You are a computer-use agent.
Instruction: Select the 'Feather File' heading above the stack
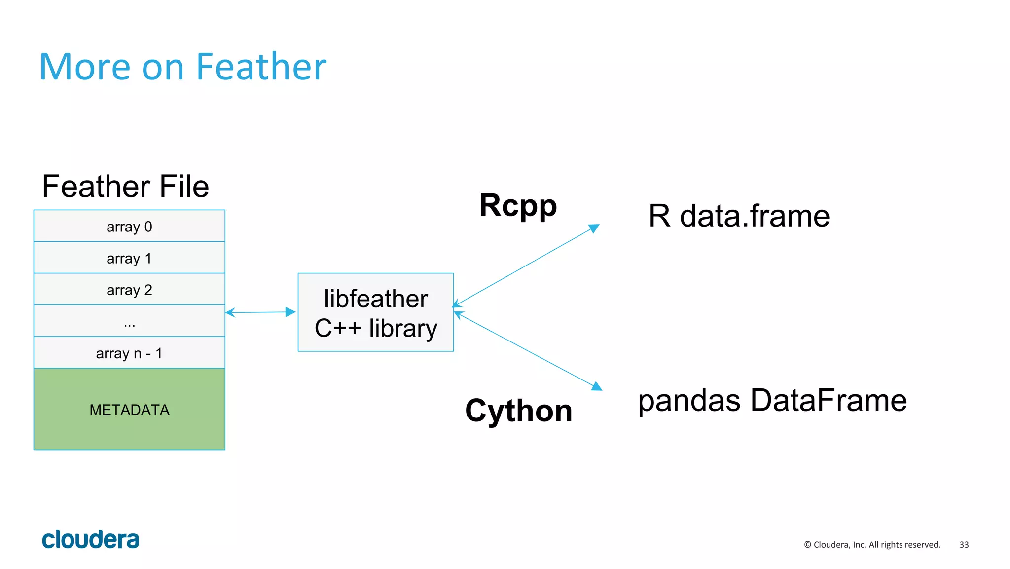coord(125,187)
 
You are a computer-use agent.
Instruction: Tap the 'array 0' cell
coord(129,227)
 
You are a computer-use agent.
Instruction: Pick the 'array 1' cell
coord(129,258)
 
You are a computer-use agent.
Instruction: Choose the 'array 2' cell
coord(129,290)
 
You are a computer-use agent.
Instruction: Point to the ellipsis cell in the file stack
coord(129,322)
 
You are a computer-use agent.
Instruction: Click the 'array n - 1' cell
coord(129,353)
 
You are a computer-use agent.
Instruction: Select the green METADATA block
coord(129,409)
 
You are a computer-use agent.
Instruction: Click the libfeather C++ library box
coord(376,313)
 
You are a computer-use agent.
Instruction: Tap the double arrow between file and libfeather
coord(260,312)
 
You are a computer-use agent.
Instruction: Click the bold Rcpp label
coord(518,205)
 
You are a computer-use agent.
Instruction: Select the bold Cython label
coord(518,411)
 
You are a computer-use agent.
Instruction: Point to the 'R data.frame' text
coord(739,216)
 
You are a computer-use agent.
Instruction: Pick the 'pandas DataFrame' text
coord(772,400)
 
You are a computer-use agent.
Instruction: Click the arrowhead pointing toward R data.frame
coord(595,228)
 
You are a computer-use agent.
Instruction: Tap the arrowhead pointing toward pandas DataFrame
coord(597,386)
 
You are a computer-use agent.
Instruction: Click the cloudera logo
coord(90,539)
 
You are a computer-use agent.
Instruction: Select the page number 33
coord(964,545)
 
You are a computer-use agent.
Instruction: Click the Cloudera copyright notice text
coord(872,545)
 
